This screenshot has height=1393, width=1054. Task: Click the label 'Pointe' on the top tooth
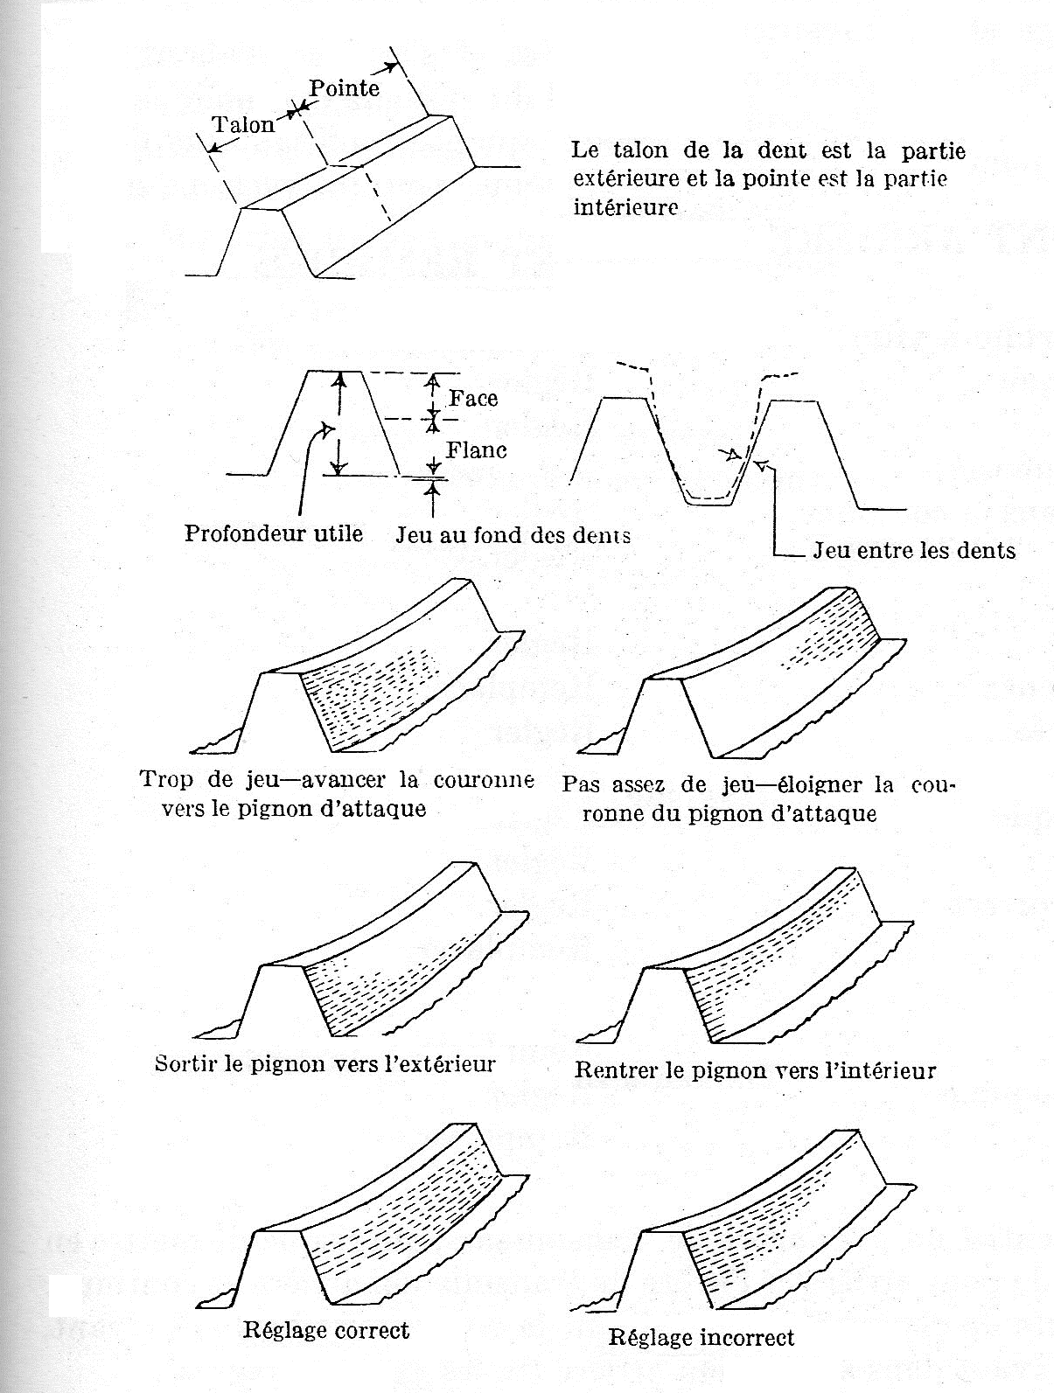[x=344, y=87]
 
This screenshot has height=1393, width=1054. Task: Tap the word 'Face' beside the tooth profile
[x=473, y=399]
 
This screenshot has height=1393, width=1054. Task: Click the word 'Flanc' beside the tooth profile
[x=477, y=450]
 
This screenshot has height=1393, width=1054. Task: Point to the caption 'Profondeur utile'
[x=273, y=533]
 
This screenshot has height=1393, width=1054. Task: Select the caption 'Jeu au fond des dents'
[x=513, y=534]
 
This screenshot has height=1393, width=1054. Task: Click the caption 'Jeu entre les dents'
[x=914, y=550]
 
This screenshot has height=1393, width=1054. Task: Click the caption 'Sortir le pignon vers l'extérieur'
[x=325, y=1064]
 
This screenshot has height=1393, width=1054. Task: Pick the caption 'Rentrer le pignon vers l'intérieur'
[x=755, y=1070]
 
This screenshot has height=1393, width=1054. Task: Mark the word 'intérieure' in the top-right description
[x=625, y=208]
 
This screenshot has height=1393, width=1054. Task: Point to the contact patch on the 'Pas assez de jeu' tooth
[x=822, y=647]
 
